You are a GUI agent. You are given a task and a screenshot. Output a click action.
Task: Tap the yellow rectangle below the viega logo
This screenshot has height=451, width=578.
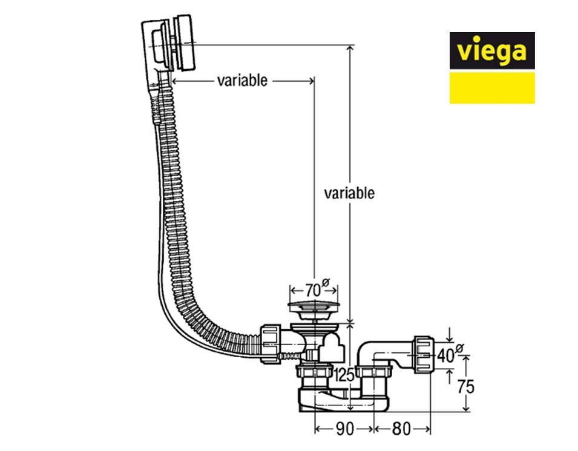click(x=491, y=88)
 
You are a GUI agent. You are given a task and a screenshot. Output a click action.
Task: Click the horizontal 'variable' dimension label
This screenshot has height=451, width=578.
click(x=242, y=81)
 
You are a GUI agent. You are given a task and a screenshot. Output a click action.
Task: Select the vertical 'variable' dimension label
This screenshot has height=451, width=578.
click(x=349, y=193)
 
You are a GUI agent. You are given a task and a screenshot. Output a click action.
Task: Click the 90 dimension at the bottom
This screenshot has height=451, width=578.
click(x=344, y=428)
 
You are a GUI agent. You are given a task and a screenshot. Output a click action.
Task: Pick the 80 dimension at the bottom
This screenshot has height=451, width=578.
click(x=401, y=428)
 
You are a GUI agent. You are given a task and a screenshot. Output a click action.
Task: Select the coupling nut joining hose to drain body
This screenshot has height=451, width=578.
click(x=271, y=344)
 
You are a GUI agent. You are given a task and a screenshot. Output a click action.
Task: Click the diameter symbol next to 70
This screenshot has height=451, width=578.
click(x=326, y=282)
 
